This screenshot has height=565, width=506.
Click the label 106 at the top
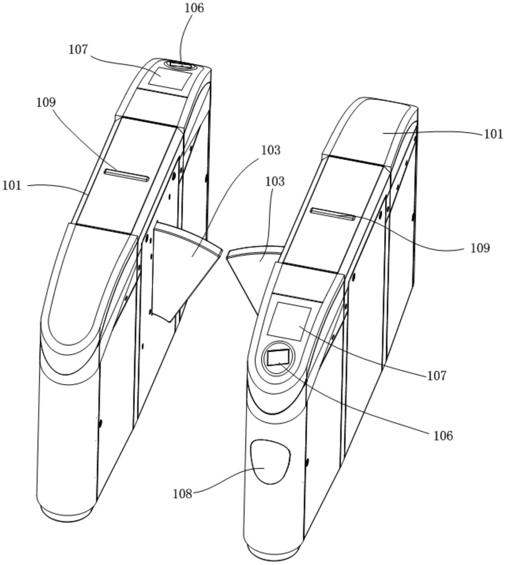(194, 8)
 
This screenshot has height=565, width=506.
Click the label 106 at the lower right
(443, 436)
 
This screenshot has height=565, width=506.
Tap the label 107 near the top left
(78, 50)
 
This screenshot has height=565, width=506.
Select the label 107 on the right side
(437, 376)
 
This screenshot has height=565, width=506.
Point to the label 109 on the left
(46, 102)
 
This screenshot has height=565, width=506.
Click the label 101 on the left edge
(12, 186)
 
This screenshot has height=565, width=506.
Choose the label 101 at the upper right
(494, 134)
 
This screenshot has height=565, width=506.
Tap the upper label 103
(271, 150)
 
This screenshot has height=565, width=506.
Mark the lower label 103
(275, 182)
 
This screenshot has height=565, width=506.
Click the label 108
(182, 494)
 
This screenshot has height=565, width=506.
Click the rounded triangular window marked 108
(270, 461)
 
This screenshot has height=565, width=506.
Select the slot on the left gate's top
(126, 175)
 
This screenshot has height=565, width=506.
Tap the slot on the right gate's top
(333, 214)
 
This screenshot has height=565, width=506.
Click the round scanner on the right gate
(278, 358)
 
